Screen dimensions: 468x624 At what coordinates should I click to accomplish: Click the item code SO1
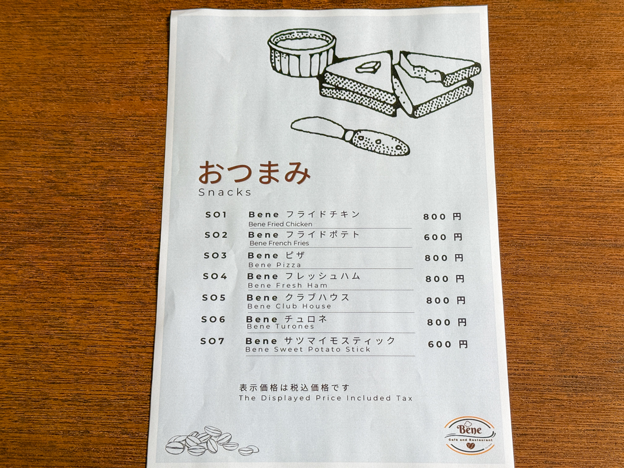click(x=216, y=215)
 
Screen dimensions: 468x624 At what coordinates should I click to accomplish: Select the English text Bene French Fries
click(x=279, y=243)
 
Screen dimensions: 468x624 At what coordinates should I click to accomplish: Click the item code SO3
click(x=215, y=255)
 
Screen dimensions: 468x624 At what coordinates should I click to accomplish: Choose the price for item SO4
click(x=445, y=279)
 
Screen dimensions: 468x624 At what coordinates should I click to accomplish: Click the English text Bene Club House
click(x=289, y=306)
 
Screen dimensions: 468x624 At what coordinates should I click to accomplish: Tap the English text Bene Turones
click(x=280, y=327)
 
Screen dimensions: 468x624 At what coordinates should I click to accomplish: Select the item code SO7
click(x=213, y=341)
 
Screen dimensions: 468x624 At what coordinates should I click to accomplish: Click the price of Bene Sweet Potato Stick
click(x=448, y=344)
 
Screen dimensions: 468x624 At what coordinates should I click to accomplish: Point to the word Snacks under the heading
click(x=225, y=192)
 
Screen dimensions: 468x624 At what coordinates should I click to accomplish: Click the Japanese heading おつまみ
click(x=254, y=173)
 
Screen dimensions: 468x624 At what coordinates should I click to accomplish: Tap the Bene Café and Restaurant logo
click(x=470, y=435)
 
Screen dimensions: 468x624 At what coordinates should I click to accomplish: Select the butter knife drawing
click(x=350, y=135)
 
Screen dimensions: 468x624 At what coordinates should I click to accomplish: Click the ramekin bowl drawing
click(x=302, y=51)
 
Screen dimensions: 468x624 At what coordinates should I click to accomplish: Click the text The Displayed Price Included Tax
click(x=325, y=398)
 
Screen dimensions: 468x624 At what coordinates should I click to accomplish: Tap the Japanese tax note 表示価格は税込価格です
click(x=294, y=387)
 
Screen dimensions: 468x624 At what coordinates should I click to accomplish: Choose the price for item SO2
click(x=443, y=237)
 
